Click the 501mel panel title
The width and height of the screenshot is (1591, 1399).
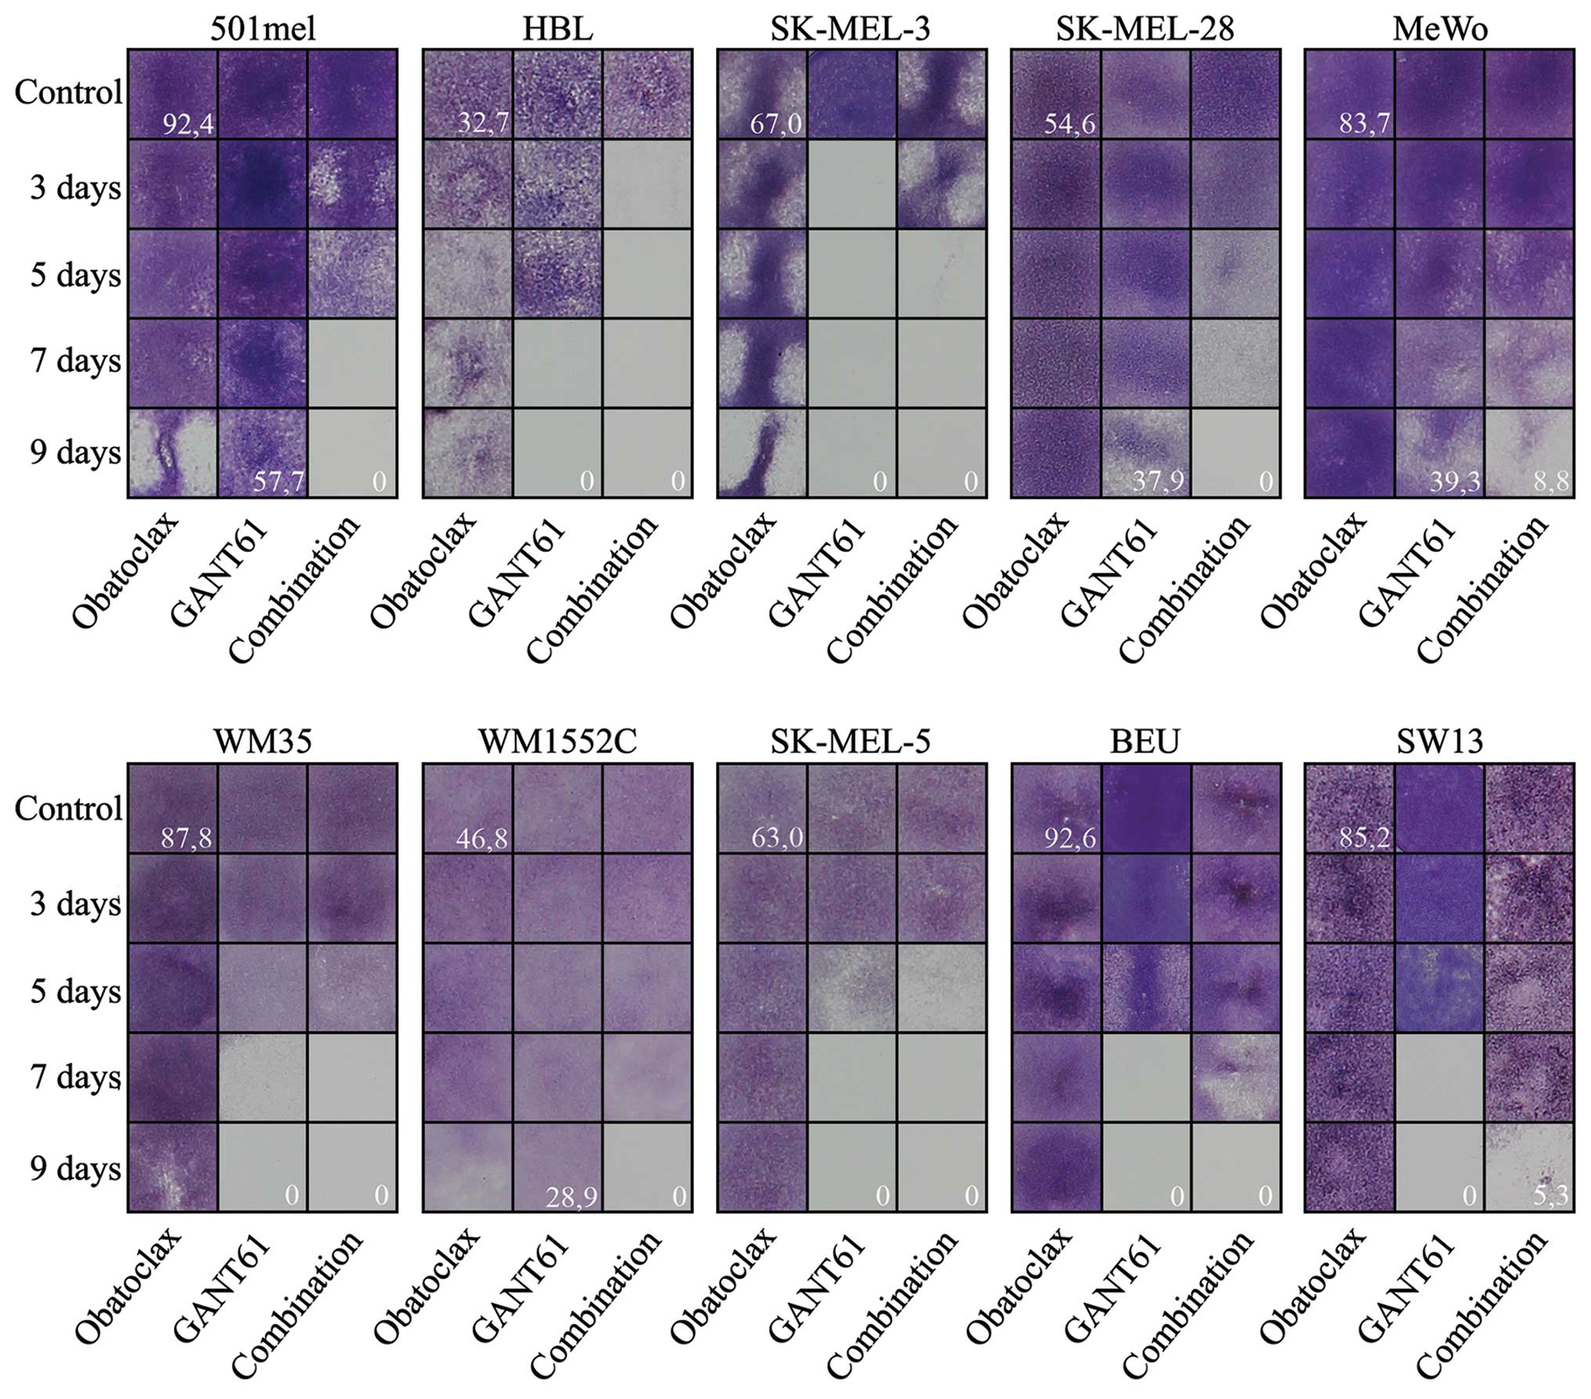click(x=263, y=28)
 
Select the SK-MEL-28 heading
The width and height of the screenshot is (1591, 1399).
click(x=1144, y=28)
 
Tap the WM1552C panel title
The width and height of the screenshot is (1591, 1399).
click(x=558, y=741)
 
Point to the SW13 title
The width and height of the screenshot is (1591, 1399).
click(x=1440, y=741)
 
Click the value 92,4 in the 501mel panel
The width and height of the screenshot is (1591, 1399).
click(x=188, y=124)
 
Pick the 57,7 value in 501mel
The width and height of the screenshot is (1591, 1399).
click(x=278, y=480)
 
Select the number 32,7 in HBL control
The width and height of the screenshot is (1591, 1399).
click(x=483, y=123)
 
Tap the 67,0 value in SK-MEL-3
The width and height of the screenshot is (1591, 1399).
click(x=776, y=124)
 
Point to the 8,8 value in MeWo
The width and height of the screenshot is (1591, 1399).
click(x=1551, y=480)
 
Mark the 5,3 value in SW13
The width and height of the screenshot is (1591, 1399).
click(x=1551, y=1197)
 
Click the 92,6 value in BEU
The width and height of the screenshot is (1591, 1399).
click(x=1070, y=839)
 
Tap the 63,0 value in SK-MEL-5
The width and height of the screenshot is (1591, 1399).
click(x=777, y=839)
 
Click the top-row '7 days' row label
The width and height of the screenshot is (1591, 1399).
click(x=75, y=362)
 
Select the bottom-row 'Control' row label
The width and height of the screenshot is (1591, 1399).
click(x=69, y=809)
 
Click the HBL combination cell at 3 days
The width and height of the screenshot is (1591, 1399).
click(x=647, y=184)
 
